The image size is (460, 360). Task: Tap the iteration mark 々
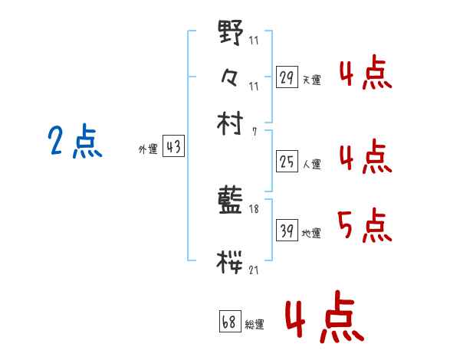tap(231, 77)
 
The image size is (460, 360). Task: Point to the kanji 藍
tap(231, 202)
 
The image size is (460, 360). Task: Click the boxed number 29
tap(287, 77)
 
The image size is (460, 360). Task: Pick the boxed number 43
tap(173, 148)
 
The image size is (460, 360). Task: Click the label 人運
tap(311, 163)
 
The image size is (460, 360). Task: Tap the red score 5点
tap(364, 225)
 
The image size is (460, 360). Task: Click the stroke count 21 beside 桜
tap(254, 270)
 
